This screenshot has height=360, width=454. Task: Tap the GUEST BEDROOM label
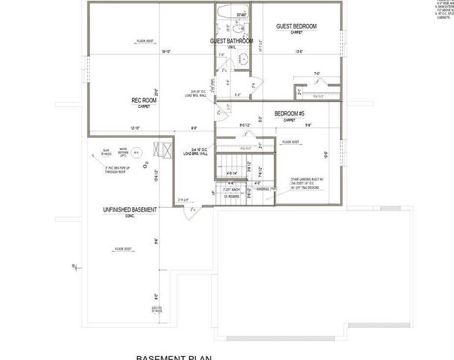pos(296,26)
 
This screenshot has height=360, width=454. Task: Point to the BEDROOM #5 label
pos(289,113)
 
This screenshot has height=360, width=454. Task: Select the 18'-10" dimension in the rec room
pos(165,52)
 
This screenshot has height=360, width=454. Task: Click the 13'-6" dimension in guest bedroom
pos(299,52)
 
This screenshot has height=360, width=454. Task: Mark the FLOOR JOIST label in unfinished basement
pos(124,247)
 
